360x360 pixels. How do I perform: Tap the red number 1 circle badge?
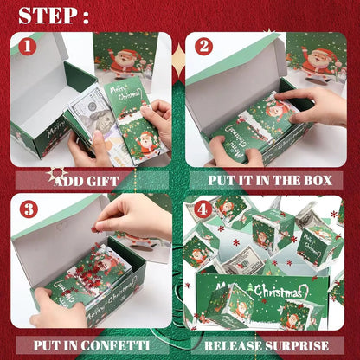tap(28, 46)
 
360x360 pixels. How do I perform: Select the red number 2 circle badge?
tap(203, 47)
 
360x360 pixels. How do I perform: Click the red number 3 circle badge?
tap(28, 209)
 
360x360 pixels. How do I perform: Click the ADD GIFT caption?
tap(86, 181)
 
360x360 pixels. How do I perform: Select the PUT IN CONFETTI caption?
tap(90, 344)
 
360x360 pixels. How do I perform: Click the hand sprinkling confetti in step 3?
tap(130, 215)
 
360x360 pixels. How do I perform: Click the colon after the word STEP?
tap(84, 17)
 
